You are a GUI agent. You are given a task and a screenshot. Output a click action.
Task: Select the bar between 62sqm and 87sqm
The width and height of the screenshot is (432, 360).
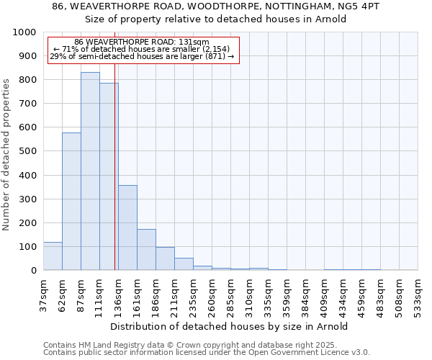(71, 202)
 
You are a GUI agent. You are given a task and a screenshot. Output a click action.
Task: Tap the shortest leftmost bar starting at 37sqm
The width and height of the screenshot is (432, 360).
(53, 256)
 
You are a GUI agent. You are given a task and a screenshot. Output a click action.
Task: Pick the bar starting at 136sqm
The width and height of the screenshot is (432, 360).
(127, 228)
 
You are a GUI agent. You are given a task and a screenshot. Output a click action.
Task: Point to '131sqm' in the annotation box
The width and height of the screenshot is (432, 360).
(194, 42)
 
